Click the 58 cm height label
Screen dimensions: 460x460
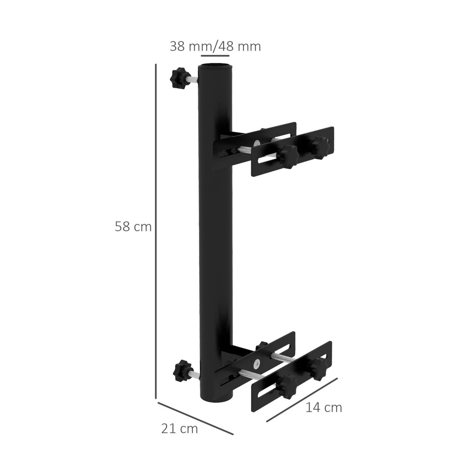(x=133, y=227)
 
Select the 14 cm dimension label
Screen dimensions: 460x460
(x=324, y=407)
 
